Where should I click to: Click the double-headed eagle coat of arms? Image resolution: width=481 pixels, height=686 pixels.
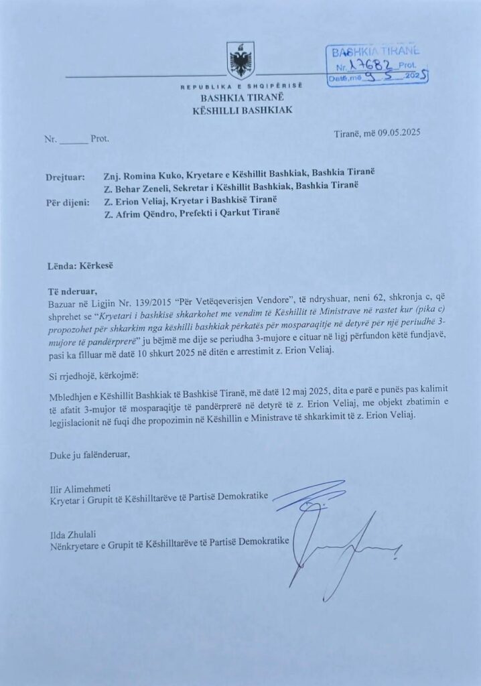coord(240,61)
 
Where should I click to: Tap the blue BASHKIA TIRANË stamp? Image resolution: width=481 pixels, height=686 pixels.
coord(376,65)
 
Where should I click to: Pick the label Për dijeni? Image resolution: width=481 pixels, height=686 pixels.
coord(67,202)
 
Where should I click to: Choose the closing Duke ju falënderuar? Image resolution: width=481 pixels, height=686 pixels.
coord(89,455)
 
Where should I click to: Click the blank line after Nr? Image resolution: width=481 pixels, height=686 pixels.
coord(74,140)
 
